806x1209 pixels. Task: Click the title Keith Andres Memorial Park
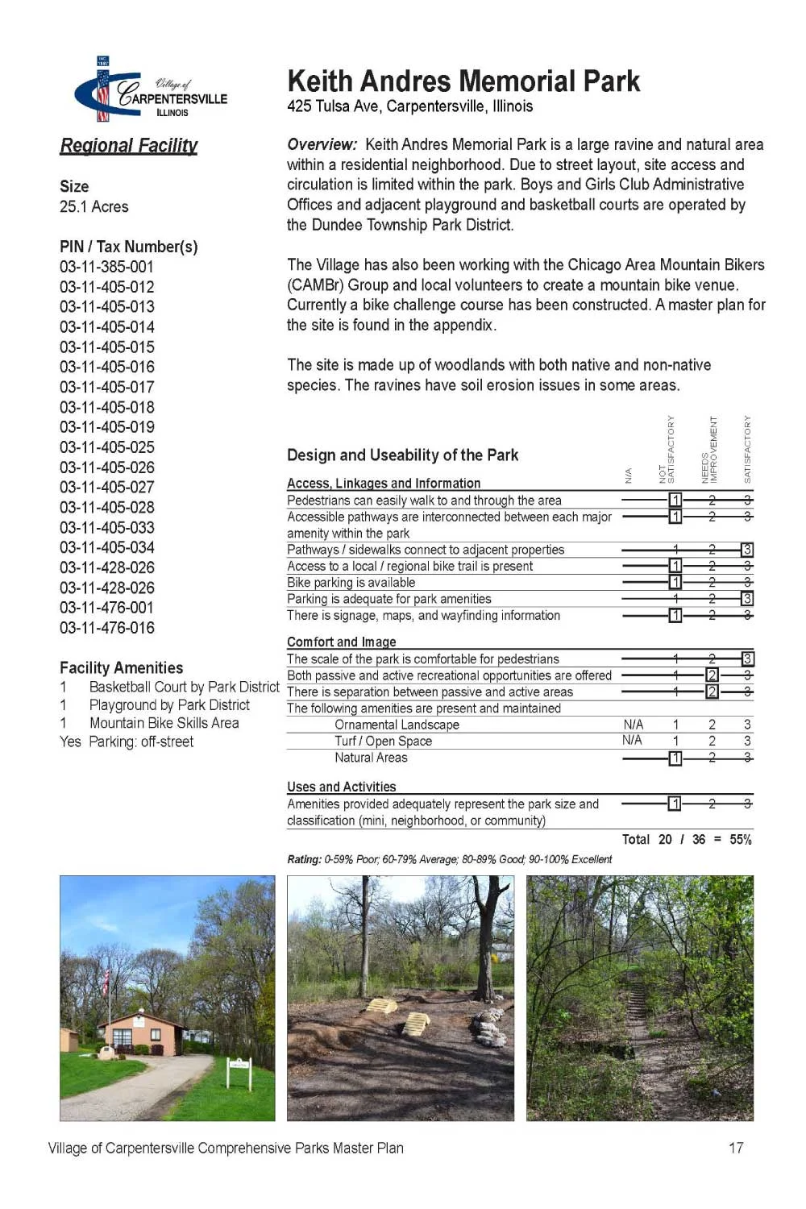[x=463, y=81]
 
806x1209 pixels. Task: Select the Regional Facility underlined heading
[x=129, y=146]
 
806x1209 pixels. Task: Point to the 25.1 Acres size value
[x=93, y=207]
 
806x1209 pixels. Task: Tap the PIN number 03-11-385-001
[x=106, y=267]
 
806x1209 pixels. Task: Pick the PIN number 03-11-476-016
[x=106, y=628]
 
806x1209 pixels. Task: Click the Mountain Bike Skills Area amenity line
[x=164, y=723]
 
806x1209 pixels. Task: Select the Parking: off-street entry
[x=140, y=742]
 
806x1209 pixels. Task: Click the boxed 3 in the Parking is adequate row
[x=747, y=599]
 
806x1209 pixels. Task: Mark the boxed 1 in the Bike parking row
[x=675, y=582]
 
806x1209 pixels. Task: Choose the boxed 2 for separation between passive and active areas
[x=712, y=692]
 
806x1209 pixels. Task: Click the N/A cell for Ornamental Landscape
[x=633, y=725]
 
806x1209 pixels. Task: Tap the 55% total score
[x=741, y=840]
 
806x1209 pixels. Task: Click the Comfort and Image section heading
[x=342, y=642]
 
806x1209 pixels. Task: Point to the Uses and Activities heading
[x=342, y=787]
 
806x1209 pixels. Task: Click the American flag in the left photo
[x=106, y=981]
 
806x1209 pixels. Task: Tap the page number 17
[x=736, y=1148]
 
